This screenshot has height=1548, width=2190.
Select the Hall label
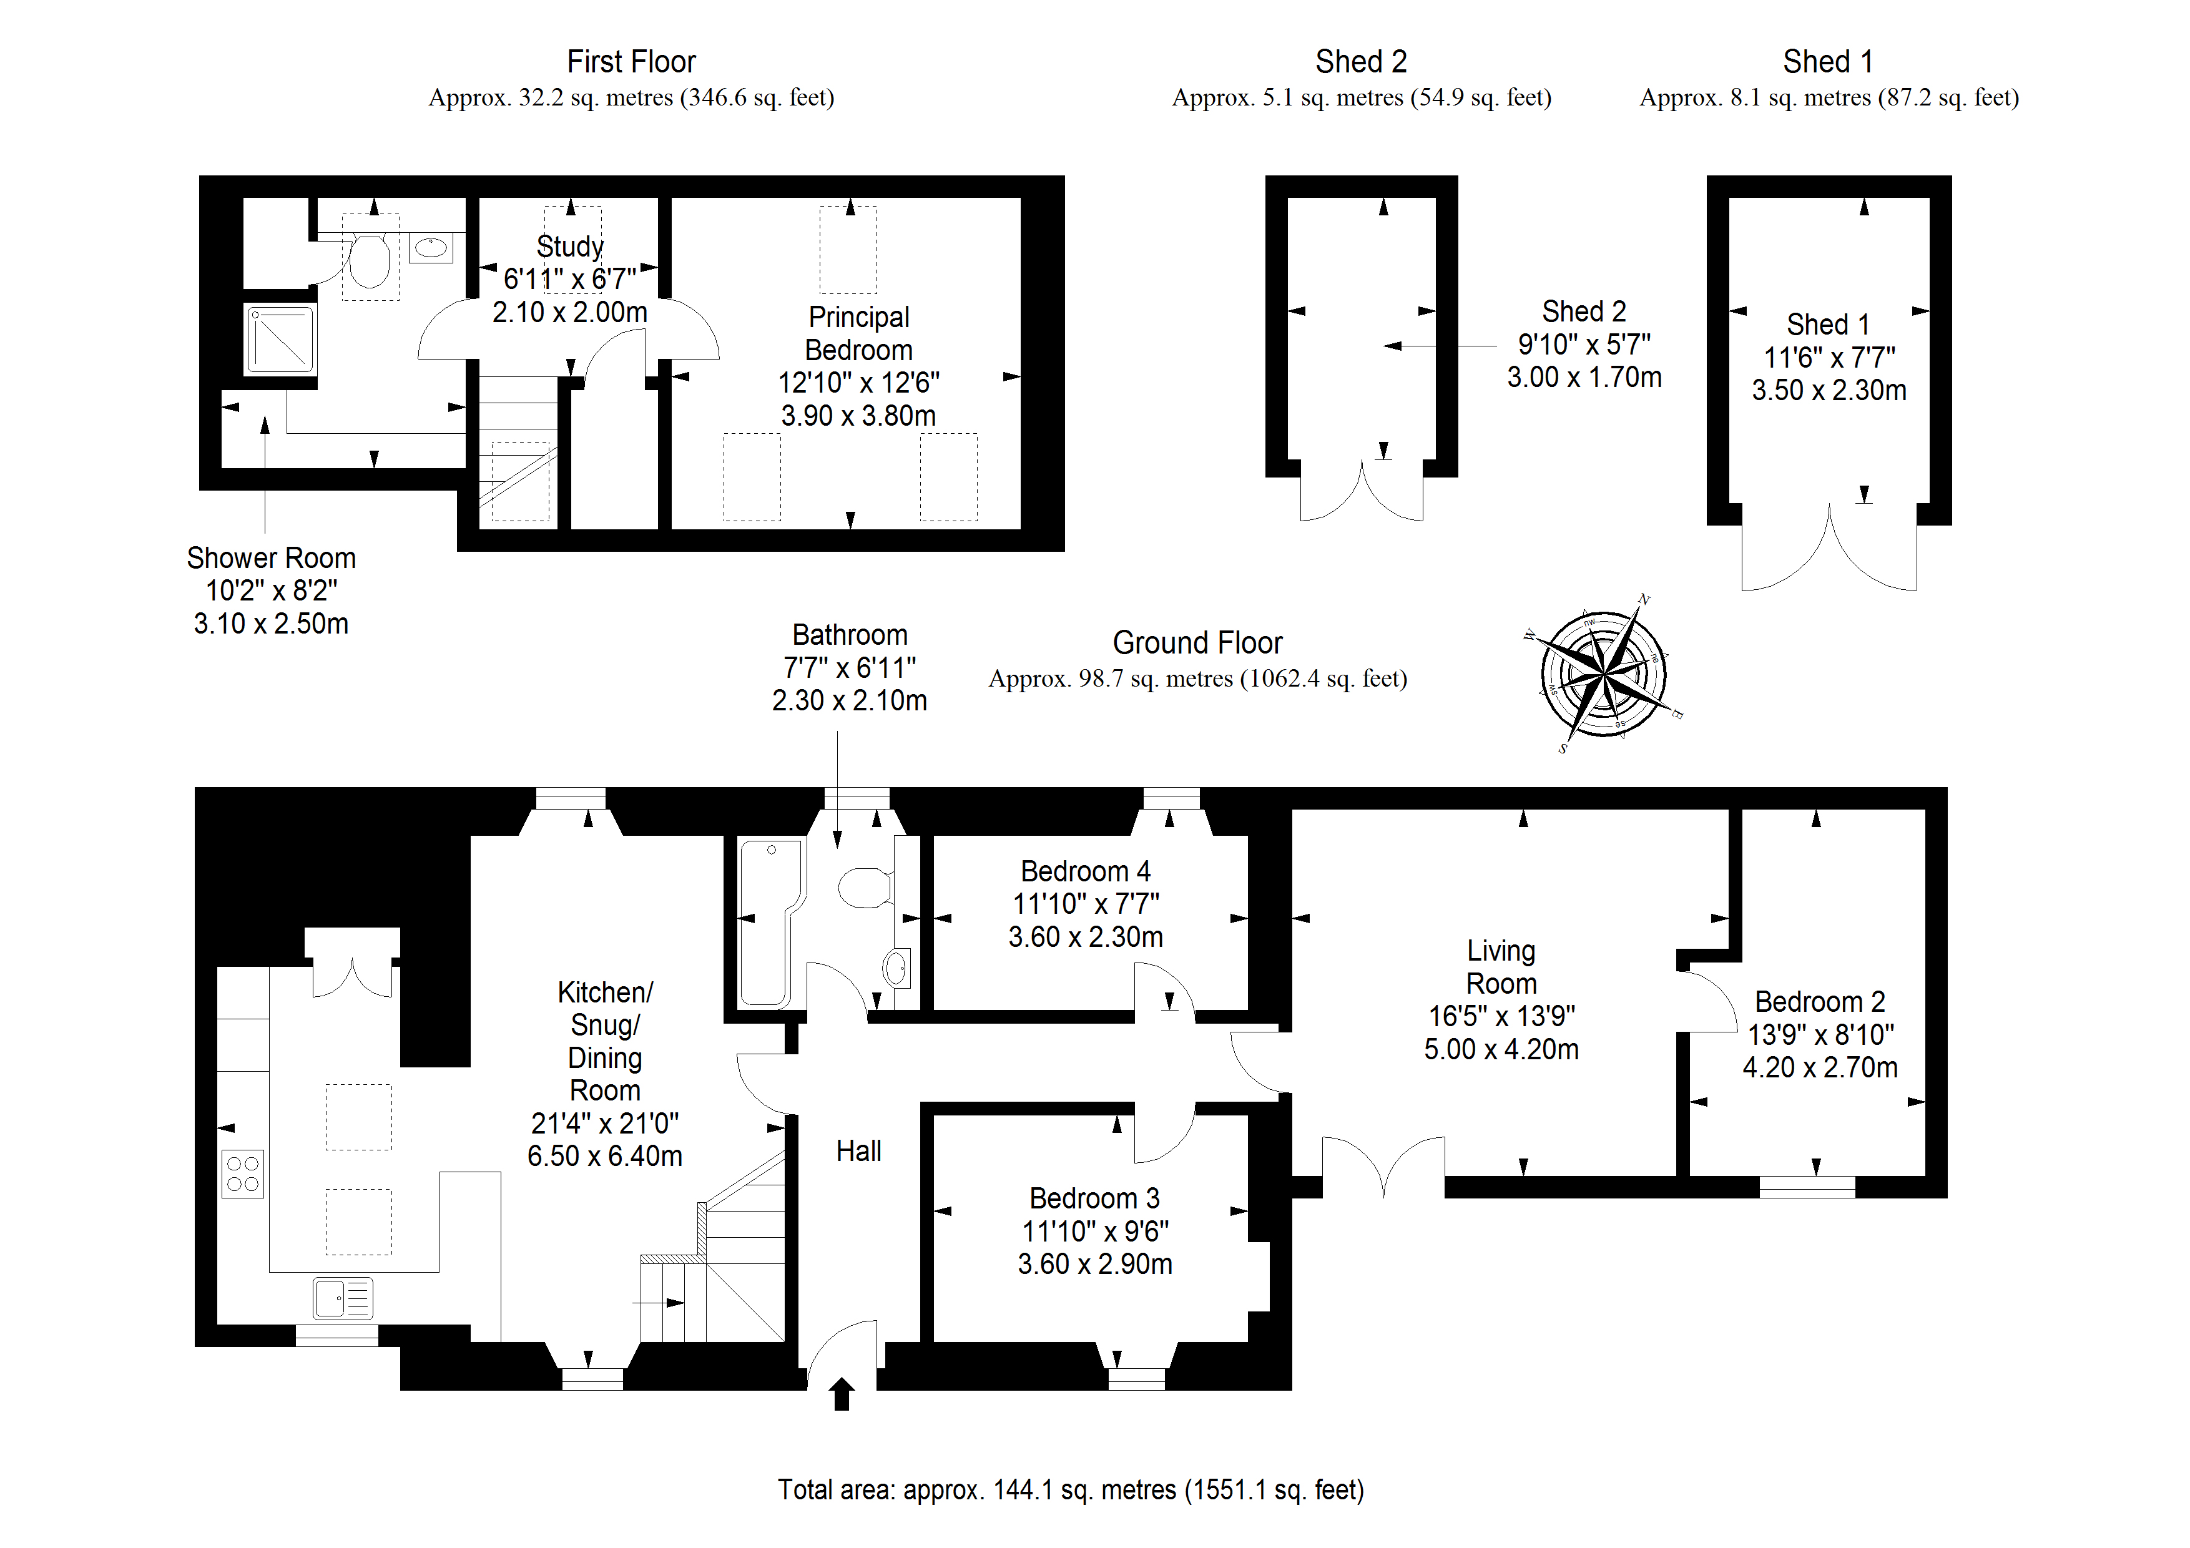tap(858, 1151)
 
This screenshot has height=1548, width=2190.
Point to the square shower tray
tap(280, 338)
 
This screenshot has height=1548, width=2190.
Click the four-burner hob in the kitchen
tap(243, 1173)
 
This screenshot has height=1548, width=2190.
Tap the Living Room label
tap(1501, 966)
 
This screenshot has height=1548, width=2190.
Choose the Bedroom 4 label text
tap(1086, 871)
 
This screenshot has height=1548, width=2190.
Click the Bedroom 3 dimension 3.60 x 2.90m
tap(1095, 1264)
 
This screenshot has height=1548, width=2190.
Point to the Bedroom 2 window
tap(1807, 1187)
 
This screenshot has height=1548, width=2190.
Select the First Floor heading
tap(631, 62)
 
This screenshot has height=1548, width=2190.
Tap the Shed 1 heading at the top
tap(1827, 62)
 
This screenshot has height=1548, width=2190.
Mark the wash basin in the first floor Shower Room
tap(431, 248)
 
